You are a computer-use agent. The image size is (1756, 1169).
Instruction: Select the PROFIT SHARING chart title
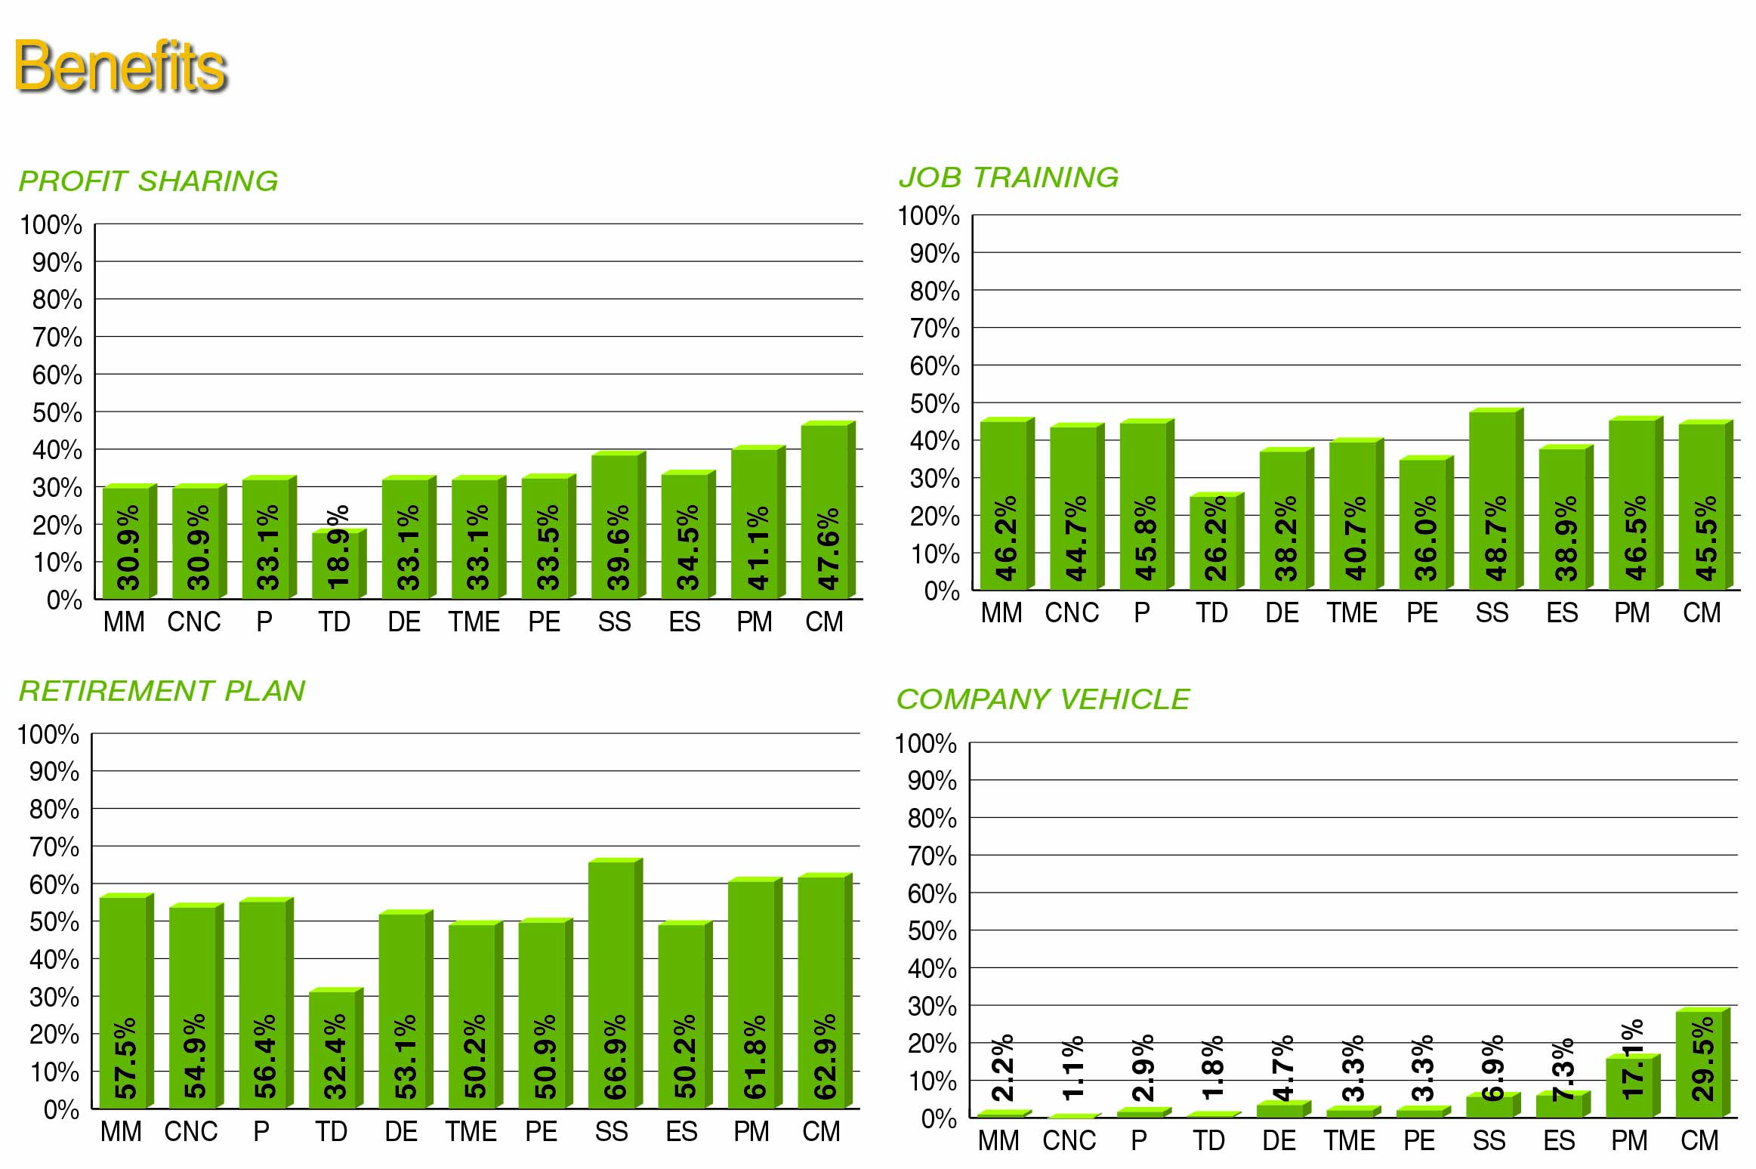point(148,181)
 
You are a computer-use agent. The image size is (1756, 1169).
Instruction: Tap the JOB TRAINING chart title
point(1008,177)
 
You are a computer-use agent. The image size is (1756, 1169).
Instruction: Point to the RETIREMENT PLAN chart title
point(162,691)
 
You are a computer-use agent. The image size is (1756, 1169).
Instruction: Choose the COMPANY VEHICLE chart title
point(1043,699)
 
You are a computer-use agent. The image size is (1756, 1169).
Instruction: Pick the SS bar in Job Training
point(1493,499)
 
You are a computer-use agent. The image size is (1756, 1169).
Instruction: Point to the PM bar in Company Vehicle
point(1629,1087)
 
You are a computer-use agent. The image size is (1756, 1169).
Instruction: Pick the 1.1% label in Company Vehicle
point(1072,1067)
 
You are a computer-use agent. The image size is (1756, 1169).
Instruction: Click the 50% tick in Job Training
point(934,404)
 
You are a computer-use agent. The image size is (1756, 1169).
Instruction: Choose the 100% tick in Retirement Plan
point(48,735)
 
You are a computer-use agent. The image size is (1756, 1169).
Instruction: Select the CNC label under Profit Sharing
point(194,622)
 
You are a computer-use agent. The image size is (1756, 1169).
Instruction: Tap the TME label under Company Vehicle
point(1349,1140)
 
